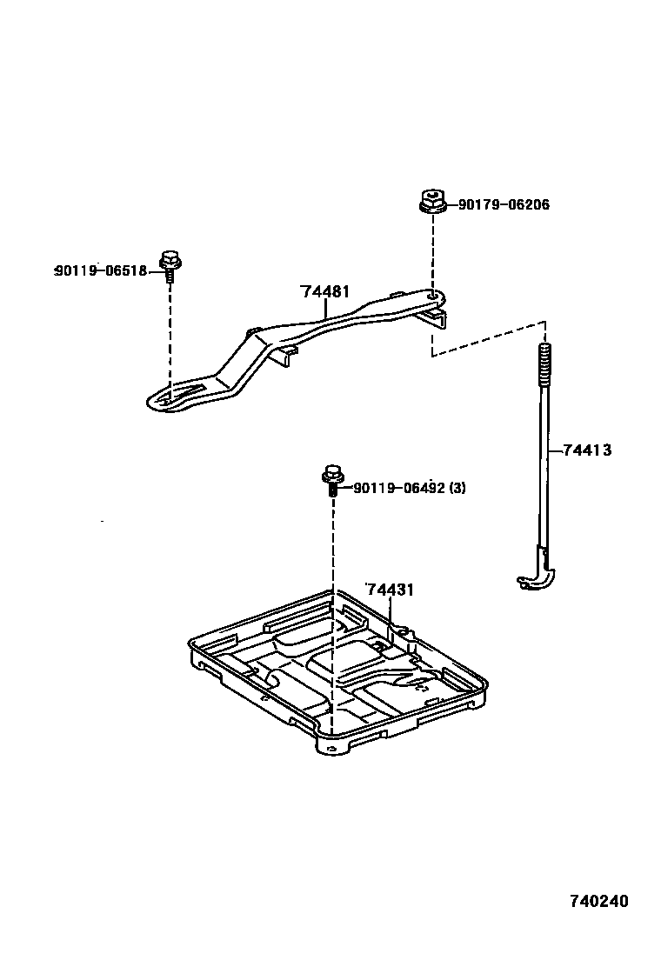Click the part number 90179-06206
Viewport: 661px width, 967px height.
coord(504,204)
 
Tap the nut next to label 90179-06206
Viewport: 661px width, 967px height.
coord(431,202)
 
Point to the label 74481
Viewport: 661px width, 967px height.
coord(325,292)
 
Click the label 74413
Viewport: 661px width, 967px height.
coord(587,450)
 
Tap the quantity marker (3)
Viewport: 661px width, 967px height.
coord(457,488)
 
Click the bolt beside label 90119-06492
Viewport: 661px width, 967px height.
coord(332,480)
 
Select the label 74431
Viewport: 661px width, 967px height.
coord(389,590)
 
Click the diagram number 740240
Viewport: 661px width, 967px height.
coord(599,901)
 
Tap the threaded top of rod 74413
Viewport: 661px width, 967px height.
coord(545,363)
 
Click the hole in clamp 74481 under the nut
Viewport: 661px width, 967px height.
coord(431,296)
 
